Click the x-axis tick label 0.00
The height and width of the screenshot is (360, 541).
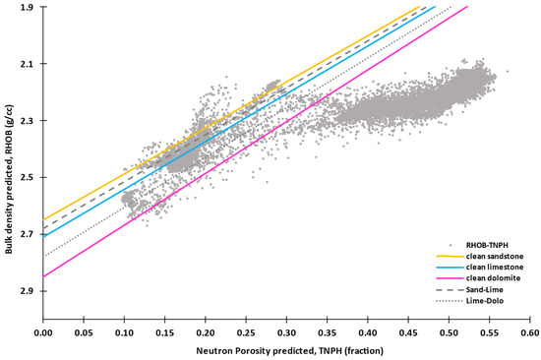tap(43, 335)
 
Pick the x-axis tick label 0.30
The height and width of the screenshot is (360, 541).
tap(287, 335)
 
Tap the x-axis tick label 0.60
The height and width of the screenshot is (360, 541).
tap(530, 335)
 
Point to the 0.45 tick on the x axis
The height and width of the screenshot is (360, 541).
tap(409, 335)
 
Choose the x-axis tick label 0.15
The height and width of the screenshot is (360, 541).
tap(165, 335)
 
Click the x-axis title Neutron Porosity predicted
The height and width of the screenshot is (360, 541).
tap(286, 352)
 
